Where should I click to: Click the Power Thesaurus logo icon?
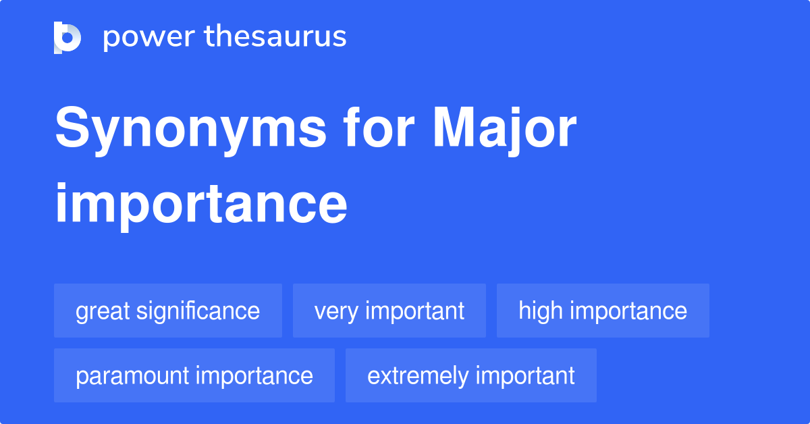[67, 37]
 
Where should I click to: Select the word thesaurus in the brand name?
[275, 37]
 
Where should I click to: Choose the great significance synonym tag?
[167, 311]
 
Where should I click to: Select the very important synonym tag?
[389, 311]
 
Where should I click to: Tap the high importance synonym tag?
[603, 311]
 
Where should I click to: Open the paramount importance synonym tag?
[194, 375]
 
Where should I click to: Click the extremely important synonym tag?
[470, 375]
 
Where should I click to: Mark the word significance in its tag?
[198, 311]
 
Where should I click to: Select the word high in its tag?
[540, 311]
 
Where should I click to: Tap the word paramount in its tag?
[132, 376]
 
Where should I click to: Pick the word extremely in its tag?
[416, 376]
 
